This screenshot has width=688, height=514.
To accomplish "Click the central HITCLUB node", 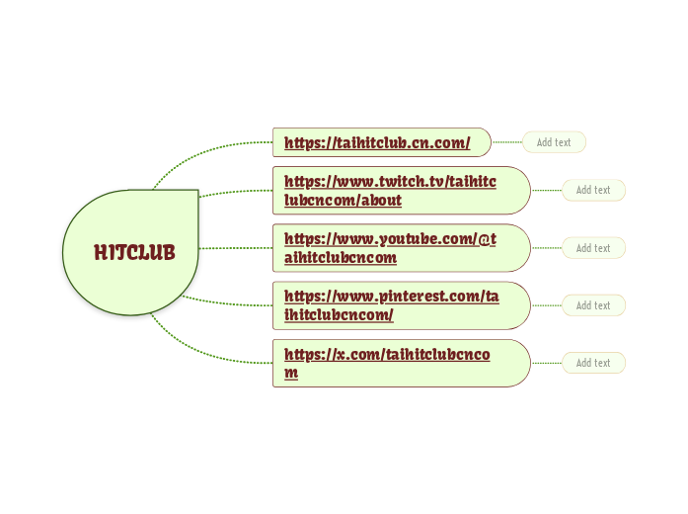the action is click(134, 253).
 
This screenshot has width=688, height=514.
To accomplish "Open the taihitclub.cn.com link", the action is click(377, 142).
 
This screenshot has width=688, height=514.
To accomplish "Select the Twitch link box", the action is click(400, 190).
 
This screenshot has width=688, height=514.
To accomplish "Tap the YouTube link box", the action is click(400, 247).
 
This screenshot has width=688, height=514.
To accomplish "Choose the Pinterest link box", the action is click(400, 304).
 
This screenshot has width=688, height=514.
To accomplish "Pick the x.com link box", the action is click(400, 363).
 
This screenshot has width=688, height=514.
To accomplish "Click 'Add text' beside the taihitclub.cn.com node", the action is click(554, 142).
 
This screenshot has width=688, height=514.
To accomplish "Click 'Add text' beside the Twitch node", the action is click(593, 190).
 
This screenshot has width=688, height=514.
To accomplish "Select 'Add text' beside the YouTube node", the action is click(593, 248).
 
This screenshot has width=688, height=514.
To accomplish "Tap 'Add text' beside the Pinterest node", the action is click(593, 305).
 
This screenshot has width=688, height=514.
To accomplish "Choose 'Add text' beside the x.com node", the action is click(593, 363).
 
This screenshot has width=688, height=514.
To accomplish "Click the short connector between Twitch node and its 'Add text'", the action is click(547, 190).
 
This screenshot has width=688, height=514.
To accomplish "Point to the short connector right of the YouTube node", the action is click(547, 248).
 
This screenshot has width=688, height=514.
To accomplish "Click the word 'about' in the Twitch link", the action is click(380, 201).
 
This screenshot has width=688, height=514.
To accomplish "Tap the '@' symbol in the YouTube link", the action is click(486, 238).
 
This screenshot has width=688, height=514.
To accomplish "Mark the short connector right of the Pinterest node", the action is click(547, 305).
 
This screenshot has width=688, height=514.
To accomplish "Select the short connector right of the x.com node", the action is click(547, 363).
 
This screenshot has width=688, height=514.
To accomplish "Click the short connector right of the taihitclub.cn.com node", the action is click(506, 142).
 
